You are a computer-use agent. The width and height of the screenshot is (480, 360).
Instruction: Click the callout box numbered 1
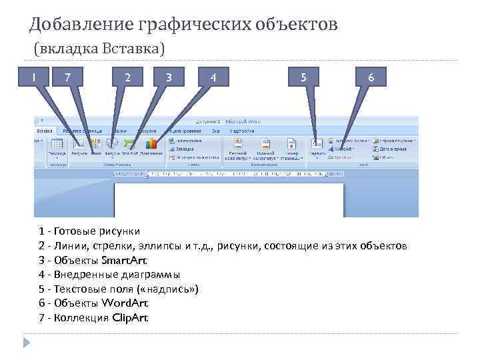[x=33, y=78]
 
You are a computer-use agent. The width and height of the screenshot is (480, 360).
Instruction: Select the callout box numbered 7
[x=67, y=78]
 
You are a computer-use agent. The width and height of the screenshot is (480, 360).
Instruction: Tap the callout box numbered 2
[x=127, y=78]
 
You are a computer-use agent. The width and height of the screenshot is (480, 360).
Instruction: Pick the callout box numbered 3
[x=170, y=78]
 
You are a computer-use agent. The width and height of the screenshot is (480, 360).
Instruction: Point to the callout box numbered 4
[x=213, y=78]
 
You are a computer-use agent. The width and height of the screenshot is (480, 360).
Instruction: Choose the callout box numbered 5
[x=303, y=78]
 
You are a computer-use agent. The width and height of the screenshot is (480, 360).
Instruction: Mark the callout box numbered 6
[x=371, y=78]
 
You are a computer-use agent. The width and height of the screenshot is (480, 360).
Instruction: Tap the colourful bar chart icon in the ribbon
[x=151, y=143]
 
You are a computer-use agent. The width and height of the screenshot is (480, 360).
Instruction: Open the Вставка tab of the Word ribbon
[x=45, y=131]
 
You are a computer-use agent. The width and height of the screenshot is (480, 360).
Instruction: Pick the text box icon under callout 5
[x=317, y=143]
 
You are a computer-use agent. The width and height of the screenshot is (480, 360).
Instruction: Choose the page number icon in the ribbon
[x=291, y=144]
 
